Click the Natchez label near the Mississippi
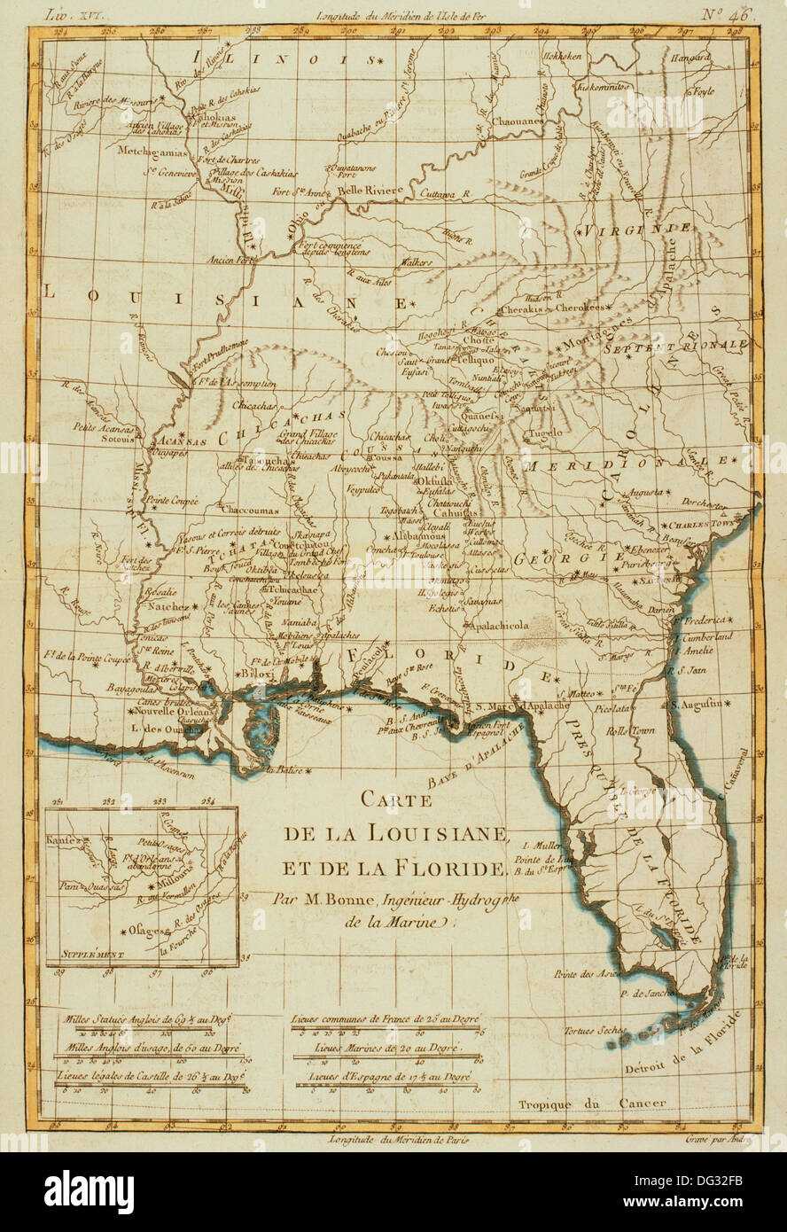click(x=159, y=610)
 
